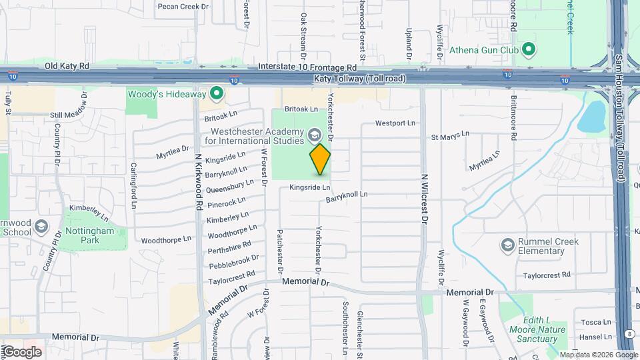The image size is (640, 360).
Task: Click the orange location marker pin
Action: (x=321, y=159)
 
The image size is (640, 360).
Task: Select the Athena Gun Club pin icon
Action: (x=529, y=49)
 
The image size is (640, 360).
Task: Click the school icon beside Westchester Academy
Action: (x=313, y=137)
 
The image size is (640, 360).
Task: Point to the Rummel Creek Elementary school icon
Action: (x=509, y=246)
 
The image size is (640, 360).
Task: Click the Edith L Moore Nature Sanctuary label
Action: (x=537, y=329)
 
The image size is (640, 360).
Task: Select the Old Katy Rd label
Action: (x=67, y=67)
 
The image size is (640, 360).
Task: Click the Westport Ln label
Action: (x=395, y=123)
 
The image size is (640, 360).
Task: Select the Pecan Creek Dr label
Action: (x=184, y=7)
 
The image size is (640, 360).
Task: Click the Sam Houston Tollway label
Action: (x=621, y=100)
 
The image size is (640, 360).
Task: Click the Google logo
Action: (x=22, y=351)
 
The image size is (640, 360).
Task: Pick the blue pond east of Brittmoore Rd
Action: (x=591, y=118)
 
